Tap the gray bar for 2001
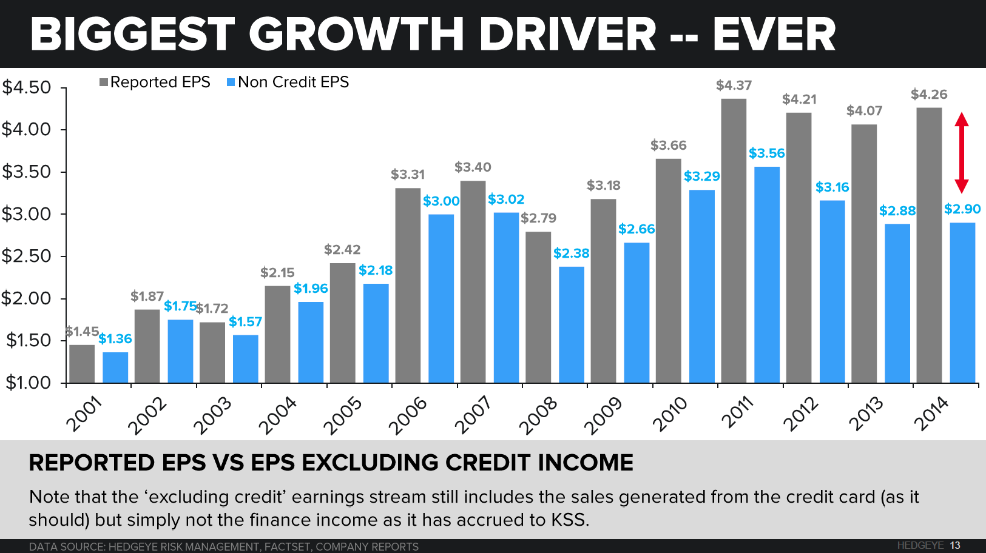(82, 363)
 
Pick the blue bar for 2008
(572, 324)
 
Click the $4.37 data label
(734, 85)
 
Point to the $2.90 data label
(962, 209)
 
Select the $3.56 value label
(766, 153)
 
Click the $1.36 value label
(115, 339)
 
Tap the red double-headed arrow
(961, 153)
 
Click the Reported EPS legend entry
(155, 82)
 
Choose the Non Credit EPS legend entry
(288, 82)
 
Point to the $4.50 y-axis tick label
(27, 87)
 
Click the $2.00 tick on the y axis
(27, 298)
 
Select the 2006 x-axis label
(408, 415)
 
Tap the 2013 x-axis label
(866, 414)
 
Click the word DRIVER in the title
(567, 34)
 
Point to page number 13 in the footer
(955, 545)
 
